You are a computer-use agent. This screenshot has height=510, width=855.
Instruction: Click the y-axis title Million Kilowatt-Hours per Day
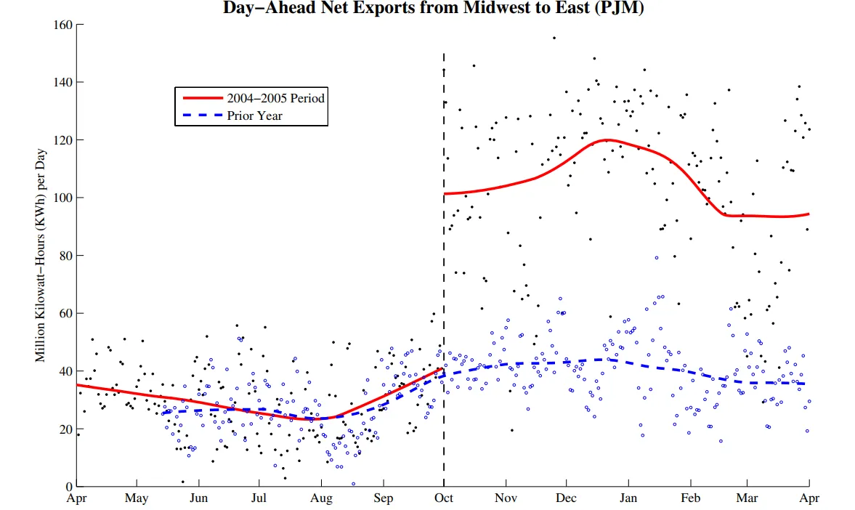[x=41, y=256]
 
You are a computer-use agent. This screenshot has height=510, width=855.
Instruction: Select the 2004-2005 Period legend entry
[x=275, y=98]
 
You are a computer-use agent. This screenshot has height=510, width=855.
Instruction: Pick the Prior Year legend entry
[x=254, y=115]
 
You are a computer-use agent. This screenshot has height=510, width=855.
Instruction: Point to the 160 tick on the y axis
[x=62, y=25]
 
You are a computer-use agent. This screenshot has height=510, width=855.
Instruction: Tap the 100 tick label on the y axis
[x=62, y=198]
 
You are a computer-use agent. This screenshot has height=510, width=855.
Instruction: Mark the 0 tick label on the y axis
[x=68, y=487]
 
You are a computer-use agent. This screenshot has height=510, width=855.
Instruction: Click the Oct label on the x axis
[x=443, y=499]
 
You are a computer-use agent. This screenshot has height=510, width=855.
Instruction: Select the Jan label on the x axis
[x=628, y=499]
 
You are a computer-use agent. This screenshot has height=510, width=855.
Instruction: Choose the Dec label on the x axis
[x=566, y=499]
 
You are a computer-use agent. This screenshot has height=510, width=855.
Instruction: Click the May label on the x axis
[x=137, y=499]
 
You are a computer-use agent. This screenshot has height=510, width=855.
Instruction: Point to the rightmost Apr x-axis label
[x=809, y=499]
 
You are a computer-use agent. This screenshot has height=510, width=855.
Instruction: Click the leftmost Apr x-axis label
[x=76, y=499]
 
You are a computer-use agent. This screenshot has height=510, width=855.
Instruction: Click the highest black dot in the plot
[x=554, y=38]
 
